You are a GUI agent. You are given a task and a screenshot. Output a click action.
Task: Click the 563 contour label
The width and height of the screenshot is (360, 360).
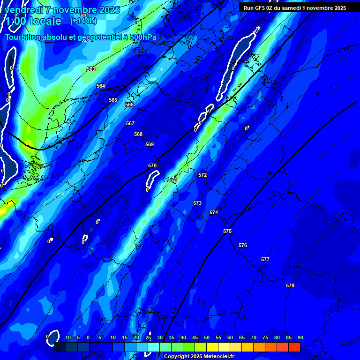click(91, 69)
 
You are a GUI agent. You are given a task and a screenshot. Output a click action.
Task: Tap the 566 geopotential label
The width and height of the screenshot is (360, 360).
click(129, 105)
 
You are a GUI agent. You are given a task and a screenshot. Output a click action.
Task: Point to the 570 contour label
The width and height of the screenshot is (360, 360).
click(152, 165)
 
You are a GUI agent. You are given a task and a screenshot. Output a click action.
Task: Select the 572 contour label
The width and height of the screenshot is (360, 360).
click(202, 175)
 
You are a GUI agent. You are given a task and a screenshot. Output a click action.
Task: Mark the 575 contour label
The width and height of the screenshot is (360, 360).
click(227, 231)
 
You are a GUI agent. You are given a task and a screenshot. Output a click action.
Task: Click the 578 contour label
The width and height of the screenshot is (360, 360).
click(290, 285)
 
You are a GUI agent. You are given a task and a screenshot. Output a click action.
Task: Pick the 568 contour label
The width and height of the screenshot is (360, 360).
click(138, 134)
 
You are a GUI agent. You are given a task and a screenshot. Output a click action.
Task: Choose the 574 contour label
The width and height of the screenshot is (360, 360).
click(214, 212)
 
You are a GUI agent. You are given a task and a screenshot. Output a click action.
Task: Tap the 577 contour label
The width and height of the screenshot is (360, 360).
click(265, 259)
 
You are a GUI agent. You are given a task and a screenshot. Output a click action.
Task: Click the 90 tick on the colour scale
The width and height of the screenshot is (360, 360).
click(300, 337)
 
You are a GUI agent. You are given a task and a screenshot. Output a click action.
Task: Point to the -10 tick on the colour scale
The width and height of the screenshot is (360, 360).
click(66, 337)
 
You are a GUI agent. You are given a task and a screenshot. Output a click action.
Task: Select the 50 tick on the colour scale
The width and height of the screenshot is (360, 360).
click(207, 337)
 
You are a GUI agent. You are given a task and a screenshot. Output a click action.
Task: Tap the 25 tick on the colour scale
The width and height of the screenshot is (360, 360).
click(148, 337)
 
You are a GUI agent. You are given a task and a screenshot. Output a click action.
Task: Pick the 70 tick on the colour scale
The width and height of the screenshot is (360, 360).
click(254, 337)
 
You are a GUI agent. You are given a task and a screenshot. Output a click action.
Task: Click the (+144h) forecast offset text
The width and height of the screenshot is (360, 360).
click(83, 21)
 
